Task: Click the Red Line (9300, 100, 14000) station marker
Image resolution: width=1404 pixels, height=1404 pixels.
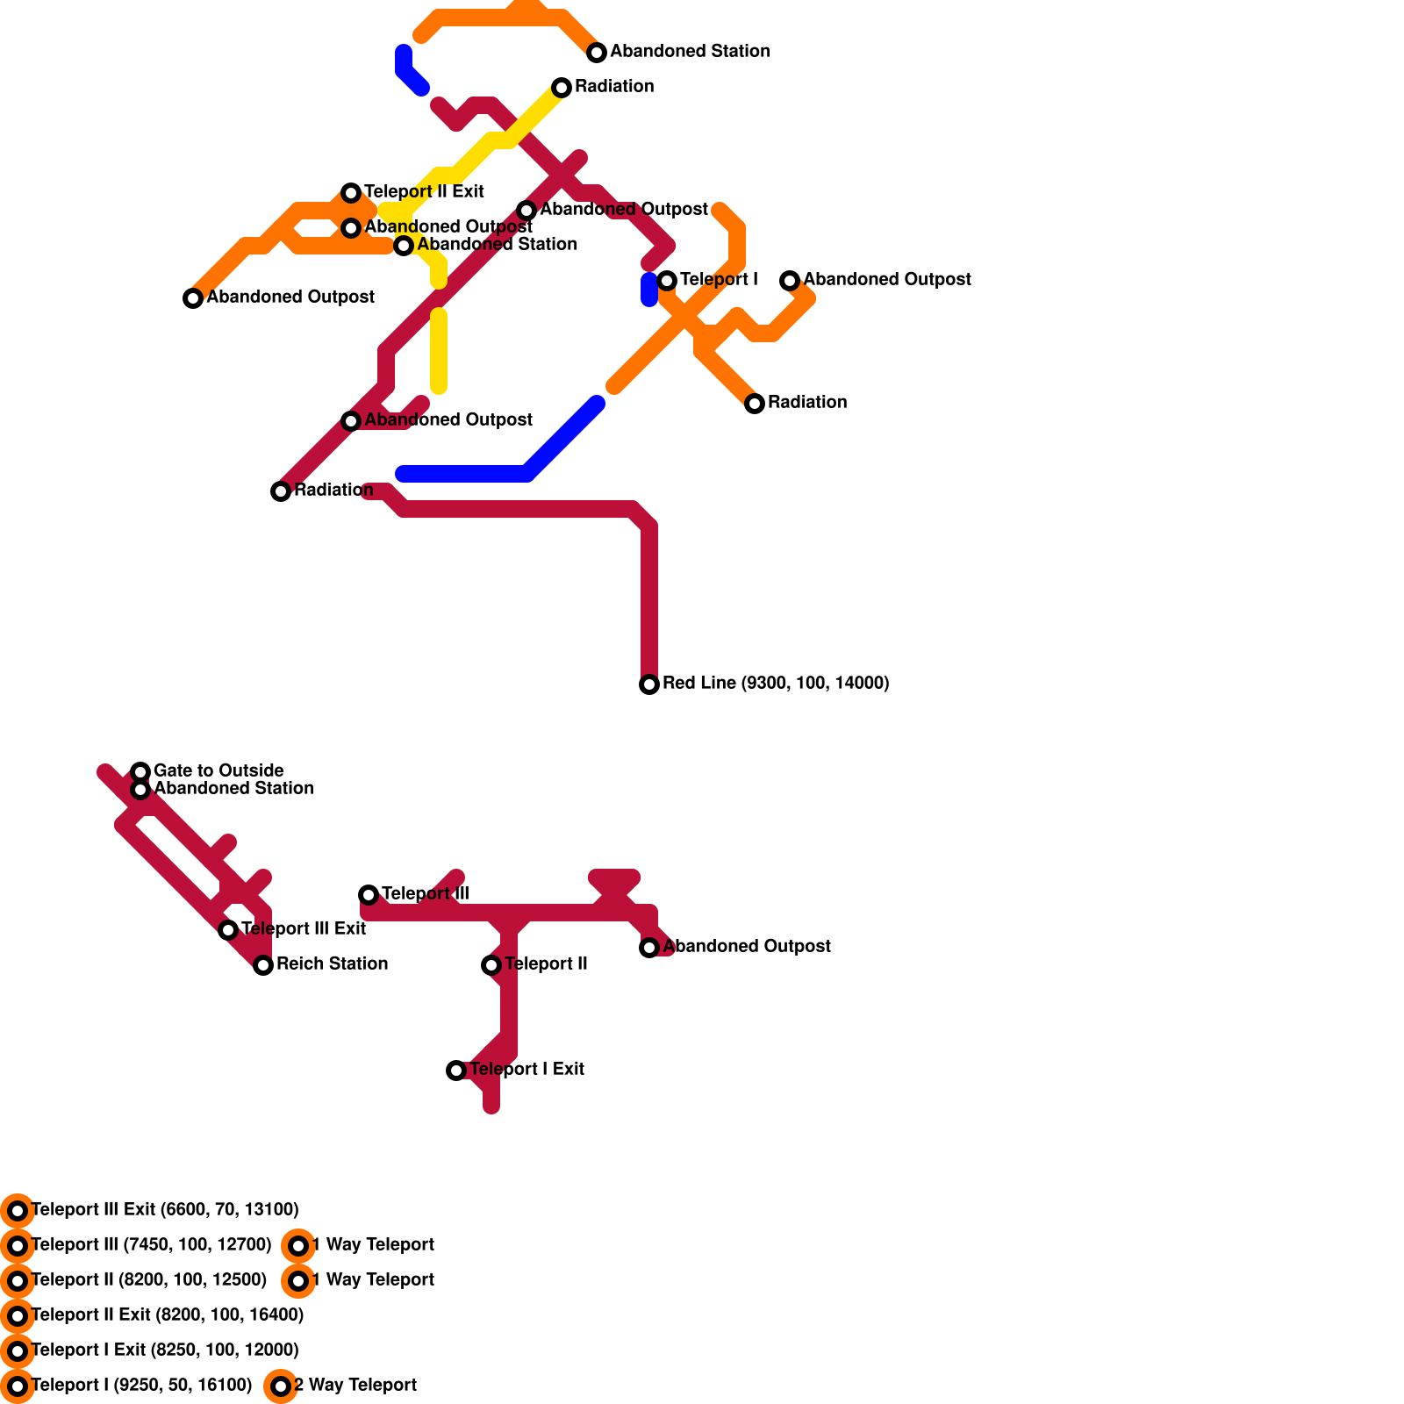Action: [x=649, y=684]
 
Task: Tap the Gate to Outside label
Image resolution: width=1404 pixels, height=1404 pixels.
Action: [x=218, y=770]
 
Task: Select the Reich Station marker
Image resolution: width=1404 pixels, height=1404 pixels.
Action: [x=263, y=965]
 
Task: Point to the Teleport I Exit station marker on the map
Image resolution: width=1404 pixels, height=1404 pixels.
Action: [x=456, y=1071]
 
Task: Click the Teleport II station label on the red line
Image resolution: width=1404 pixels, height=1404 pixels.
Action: [x=546, y=963]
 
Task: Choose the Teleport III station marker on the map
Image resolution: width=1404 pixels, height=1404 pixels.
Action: [x=369, y=895]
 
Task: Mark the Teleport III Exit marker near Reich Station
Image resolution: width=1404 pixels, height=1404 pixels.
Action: [x=228, y=930]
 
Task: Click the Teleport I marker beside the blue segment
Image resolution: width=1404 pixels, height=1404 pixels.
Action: [x=667, y=281]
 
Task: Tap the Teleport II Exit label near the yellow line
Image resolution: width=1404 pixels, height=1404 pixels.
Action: [x=424, y=191]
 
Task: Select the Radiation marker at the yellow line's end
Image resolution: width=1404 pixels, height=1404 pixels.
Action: [x=562, y=88]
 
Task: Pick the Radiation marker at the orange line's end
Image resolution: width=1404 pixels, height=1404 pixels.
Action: [x=755, y=404]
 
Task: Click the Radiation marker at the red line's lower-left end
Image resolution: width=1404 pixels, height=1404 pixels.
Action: [x=281, y=491]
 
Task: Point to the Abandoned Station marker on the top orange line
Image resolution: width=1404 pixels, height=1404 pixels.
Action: [x=597, y=53]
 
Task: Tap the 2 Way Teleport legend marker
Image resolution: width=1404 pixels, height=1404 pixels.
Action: [x=281, y=1386]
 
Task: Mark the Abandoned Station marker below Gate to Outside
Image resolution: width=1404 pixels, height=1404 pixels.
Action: [x=140, y=790]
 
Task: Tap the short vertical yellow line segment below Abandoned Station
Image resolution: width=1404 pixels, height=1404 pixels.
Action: [x=439, y=351]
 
